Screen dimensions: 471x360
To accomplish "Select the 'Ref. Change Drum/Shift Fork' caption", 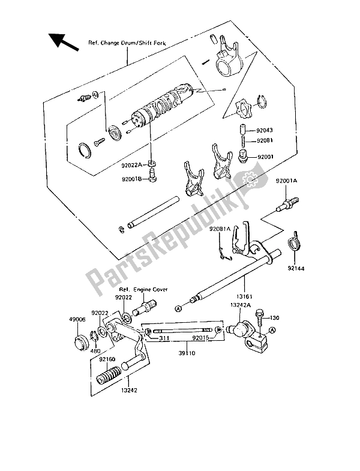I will point(128,44).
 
